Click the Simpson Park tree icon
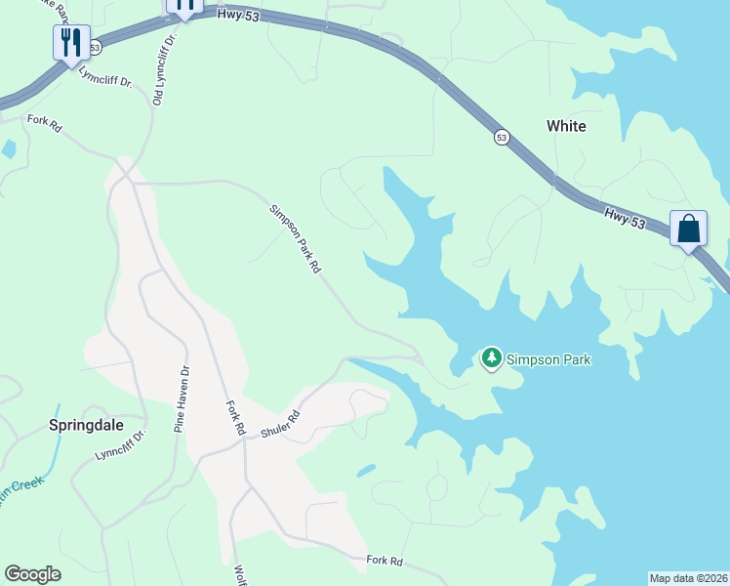coord(492,359)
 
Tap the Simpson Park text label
coord(549,359)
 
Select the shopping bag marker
coord(688,230)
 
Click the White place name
coord(566,126)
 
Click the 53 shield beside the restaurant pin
coord(94,47)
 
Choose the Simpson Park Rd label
coord(296,237)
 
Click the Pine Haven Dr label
coord(180,399)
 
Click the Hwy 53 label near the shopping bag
coord(625,217)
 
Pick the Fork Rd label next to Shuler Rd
coord(235,417)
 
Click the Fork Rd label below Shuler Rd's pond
coord(385,561)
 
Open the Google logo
coord(32,574)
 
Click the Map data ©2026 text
coord(688,577)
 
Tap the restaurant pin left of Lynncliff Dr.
coord(70,43)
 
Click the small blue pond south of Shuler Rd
coord(366,471)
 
